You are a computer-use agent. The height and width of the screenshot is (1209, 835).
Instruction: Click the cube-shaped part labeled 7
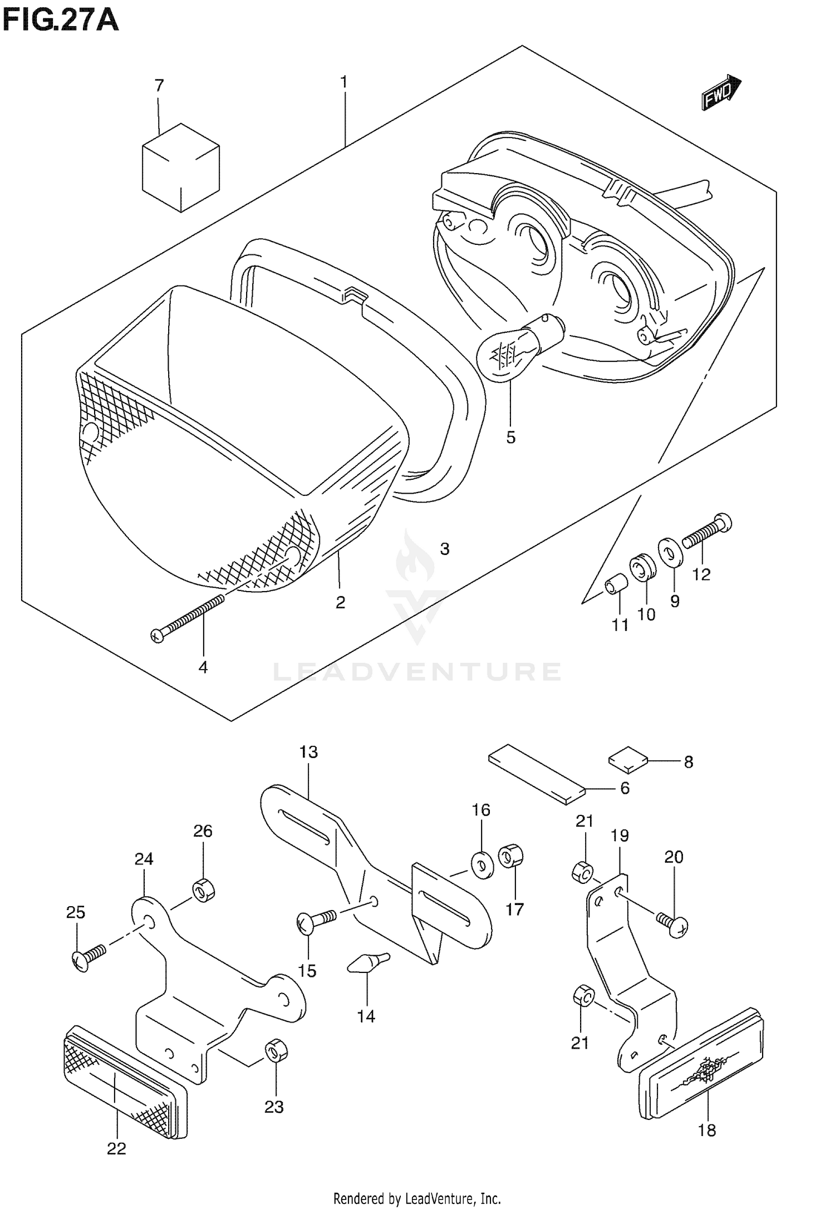point(180,168)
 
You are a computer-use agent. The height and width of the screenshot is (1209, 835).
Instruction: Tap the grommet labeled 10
point(642,567)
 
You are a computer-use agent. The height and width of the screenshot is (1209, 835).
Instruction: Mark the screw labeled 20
point(673,924)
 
